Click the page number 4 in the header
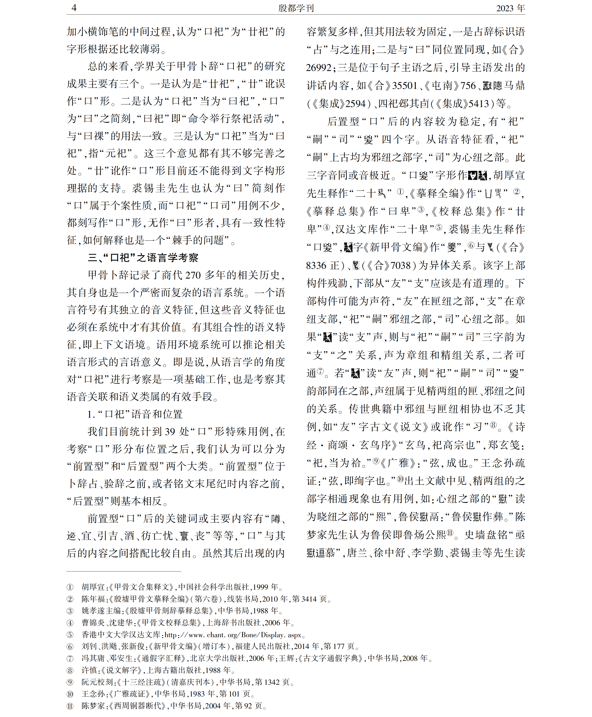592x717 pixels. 74,8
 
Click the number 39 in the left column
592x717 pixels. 170,431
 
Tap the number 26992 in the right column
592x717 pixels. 319,68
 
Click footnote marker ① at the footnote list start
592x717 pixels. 70,587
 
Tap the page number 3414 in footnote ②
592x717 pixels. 309,599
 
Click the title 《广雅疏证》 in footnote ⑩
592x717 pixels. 130,694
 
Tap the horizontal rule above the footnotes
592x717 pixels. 123,571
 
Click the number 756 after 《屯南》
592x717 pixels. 468,85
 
